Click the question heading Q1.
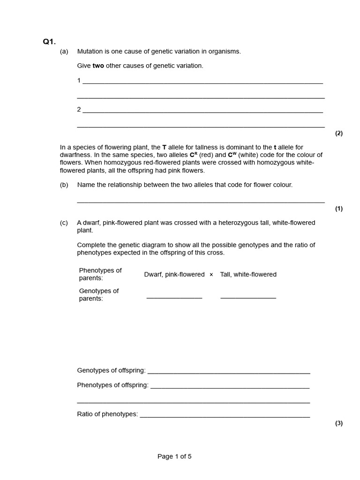point(49,42)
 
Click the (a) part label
point(64,52)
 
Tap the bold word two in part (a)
point(98,66)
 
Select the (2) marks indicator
point(338,133)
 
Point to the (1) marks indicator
point(338,209)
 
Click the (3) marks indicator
point(338,423)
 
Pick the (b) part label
point(64,185)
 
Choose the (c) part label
point(64,223)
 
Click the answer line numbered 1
point(202,82)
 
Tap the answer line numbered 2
point(202,112)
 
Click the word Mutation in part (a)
point(90,52)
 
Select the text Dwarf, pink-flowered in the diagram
point(174,274)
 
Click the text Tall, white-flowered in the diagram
point(248,274)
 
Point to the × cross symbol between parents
point(211,275)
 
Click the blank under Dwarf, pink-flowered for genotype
point(174,297)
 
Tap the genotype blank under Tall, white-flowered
point(248,297)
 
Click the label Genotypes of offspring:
point(112,370)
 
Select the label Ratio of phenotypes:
point(107,414)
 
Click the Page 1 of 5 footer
point(174,456)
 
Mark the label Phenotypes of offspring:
point(113,385)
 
